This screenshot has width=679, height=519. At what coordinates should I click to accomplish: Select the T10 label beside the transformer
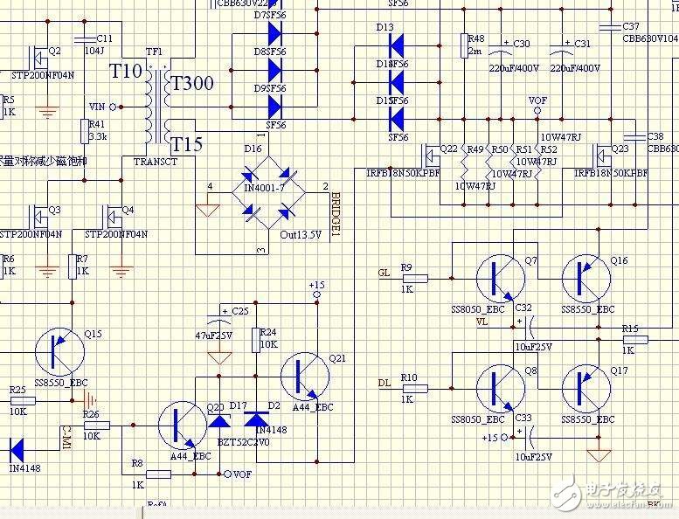(x=125, y=72)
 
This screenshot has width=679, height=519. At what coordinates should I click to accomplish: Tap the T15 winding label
(x=186, y=144)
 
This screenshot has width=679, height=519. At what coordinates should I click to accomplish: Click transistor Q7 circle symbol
(x=500, y=279)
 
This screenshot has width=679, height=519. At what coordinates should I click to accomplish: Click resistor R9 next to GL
(x=414, y=279)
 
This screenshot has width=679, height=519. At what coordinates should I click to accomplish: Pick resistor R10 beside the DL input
(x=414, y=388)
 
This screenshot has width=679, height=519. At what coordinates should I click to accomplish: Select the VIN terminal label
(x=97, y=107)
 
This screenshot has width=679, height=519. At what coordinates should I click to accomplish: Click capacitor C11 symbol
(x=86, y=39)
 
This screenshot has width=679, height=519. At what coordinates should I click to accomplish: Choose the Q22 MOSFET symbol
(x=430, y=156)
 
